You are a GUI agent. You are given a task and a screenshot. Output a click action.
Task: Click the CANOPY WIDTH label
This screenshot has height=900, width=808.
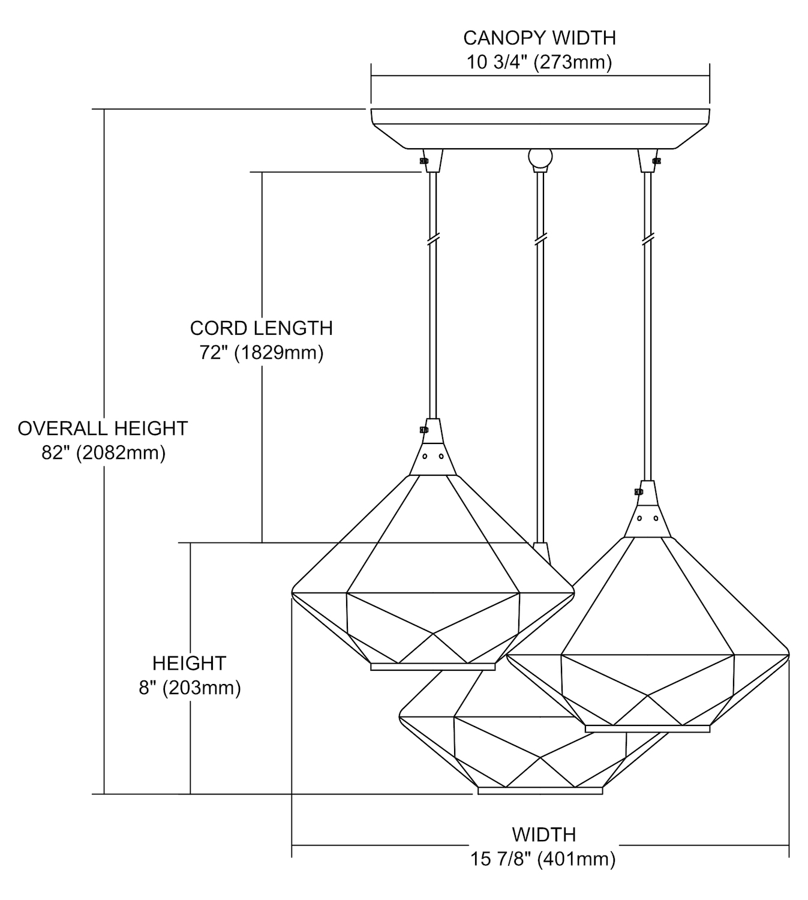point(539,38)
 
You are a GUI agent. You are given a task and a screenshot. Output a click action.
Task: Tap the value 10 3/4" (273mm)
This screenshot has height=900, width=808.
point(539,62)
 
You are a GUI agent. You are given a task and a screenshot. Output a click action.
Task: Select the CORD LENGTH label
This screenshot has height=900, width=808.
point(261,328)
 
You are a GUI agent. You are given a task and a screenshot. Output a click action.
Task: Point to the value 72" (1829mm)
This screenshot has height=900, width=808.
point(261,352)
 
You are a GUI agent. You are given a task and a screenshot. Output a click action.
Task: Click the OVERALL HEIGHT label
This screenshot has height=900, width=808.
point(103,428)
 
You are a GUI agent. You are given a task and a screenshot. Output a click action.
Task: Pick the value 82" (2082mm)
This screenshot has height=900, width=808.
point(103,452)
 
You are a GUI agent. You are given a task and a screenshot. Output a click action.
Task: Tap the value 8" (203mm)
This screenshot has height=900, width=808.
point(190,688)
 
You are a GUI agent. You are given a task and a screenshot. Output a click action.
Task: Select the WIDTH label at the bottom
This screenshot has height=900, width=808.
point(543,835)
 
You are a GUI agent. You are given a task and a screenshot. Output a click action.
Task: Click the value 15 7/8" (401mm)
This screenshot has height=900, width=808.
point(543,859)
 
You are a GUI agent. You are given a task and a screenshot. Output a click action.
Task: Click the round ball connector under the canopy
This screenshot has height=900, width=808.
point(539,158)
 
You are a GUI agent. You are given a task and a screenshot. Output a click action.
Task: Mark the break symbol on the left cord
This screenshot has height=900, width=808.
point(432,239)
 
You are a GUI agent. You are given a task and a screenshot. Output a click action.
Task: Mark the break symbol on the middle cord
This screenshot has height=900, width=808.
point(540,239)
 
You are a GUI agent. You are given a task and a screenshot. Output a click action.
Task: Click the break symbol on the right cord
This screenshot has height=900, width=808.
point(647,239)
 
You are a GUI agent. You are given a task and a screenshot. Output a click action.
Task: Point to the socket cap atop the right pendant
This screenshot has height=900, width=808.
point(647,509)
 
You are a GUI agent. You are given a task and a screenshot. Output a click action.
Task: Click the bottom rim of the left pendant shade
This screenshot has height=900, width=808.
point(432,667)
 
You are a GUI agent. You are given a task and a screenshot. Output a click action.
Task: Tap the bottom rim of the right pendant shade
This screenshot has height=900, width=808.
point(647,728)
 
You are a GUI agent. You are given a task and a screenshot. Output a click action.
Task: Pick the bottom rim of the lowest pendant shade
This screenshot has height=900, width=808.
point(540,791)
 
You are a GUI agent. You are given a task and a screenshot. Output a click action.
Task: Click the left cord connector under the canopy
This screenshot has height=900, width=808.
point(432,160)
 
